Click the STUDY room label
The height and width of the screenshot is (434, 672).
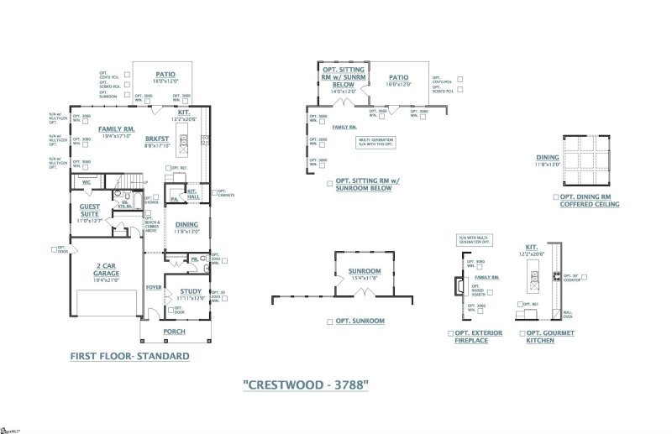pyautogui.click(x=190, y=291)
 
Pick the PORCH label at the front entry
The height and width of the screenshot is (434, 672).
pyautogui.click(x=174, y=332)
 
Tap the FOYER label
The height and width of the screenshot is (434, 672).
pyautogui.click(x=153, y=287)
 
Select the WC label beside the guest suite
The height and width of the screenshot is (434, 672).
pyautogui.click(x=86, y=181)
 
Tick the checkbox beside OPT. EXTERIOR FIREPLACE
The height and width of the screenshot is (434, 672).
pyautogui.click(x=452, y=333)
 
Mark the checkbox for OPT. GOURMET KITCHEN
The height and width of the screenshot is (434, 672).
pyautogui.click(x=520, y=333)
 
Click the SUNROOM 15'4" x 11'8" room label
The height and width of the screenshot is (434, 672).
pyautogui.click(x=365, y=274)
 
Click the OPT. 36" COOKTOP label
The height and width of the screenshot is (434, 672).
pyautogui.click(x=571, y=277)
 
